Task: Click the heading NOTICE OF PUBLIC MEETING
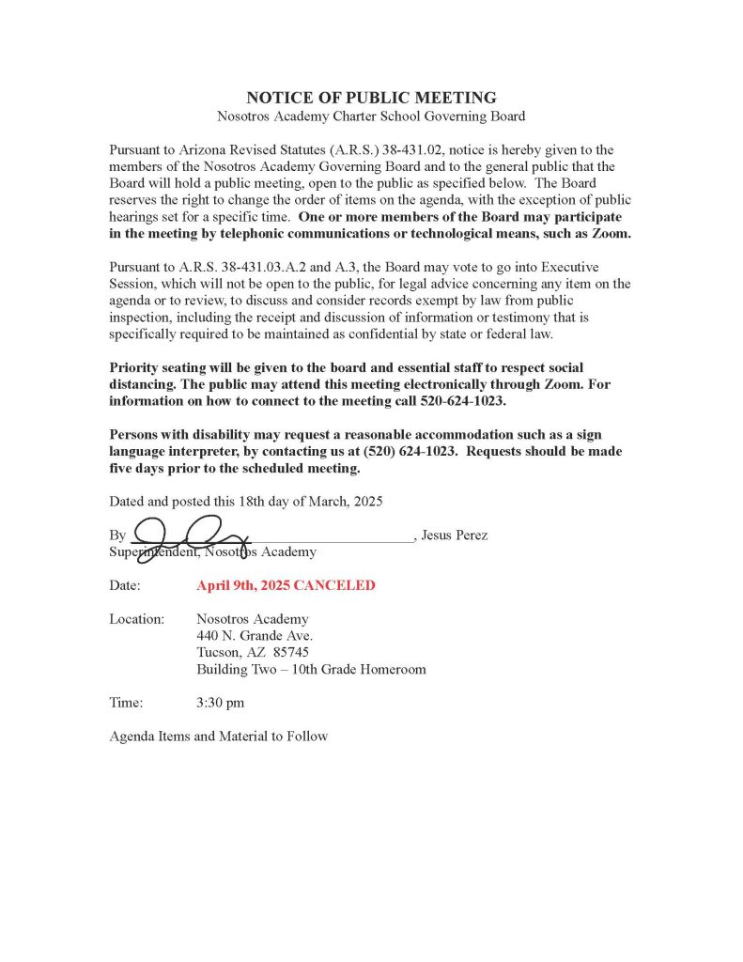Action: click(371, 98)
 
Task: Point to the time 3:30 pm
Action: click(221, 702)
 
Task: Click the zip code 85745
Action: click(291, 653)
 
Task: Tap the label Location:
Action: click(137, 619)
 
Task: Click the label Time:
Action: click(126, 702)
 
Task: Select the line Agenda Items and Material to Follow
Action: click(219, 737)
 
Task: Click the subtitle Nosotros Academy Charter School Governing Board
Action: click(371, 116)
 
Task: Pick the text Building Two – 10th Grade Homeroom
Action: click(311, 670)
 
